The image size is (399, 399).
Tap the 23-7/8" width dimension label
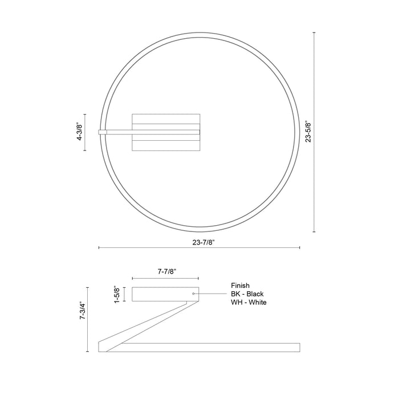[x=199, y=241]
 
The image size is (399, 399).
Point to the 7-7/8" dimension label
[x=166, y=272]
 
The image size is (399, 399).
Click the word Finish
[x=240, y=285]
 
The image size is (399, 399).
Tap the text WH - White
[x=249, y=302]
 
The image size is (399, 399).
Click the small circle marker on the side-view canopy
[x=194, y=294]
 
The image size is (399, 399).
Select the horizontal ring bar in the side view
[x=211, y=347]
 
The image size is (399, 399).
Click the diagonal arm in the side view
[x=148, y=325]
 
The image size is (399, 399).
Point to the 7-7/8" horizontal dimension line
[x=166, y=279]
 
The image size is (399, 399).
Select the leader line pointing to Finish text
[x=211, y=294]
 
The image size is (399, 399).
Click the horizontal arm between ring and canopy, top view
[x=120, y=132]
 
